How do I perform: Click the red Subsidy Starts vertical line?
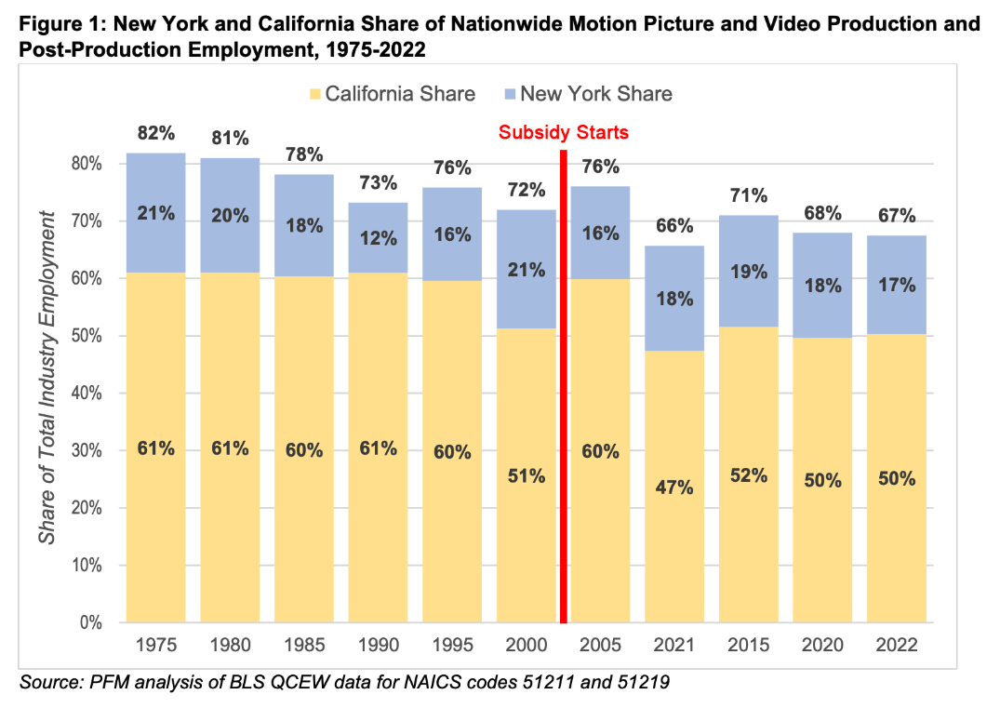(x=563, y=391)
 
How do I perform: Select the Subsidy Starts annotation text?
(x=563, y=132)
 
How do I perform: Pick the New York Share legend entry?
(x=587, y=94)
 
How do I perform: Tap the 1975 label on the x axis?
(x=155, y=645)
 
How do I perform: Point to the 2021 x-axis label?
(x=674, y=645)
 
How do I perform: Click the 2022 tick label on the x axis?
(x=897, y=645)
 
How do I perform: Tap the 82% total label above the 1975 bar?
(x=156, y=133)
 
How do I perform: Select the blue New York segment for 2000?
(x=527, y=298)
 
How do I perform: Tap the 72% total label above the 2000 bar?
(x=527, y=190)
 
